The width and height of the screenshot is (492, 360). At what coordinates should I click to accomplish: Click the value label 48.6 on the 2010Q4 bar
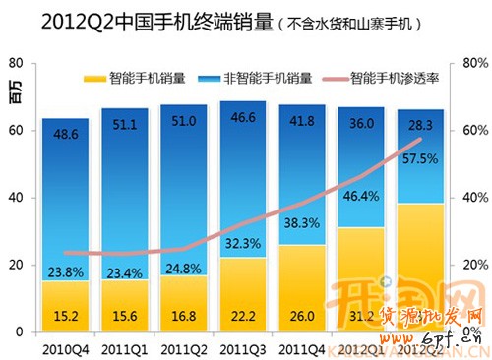65,132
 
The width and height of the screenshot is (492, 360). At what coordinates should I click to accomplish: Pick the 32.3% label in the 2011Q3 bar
241,241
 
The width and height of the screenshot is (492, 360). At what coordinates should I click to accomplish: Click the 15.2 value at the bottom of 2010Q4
65,316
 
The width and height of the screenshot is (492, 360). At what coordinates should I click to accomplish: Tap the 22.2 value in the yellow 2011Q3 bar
241,316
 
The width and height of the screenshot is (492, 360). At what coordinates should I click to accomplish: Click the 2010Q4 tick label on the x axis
65,345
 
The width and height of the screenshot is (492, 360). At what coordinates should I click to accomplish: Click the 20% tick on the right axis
470,266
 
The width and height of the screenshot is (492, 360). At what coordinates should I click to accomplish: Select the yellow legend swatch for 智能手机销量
95,76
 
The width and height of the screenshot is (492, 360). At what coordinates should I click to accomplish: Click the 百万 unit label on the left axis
13,94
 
